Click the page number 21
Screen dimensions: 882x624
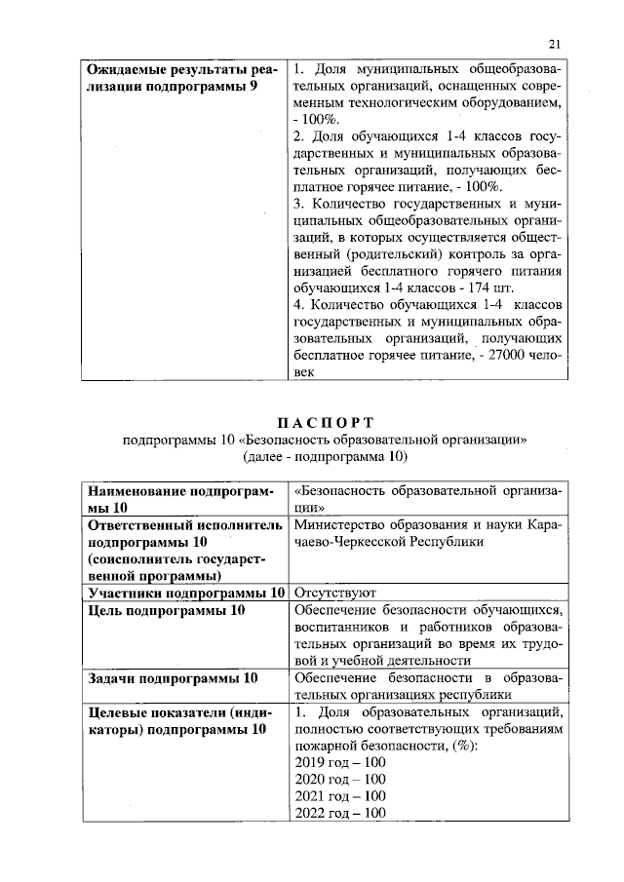point(556,43)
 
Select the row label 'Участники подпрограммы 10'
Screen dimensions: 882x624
point(186,592)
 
